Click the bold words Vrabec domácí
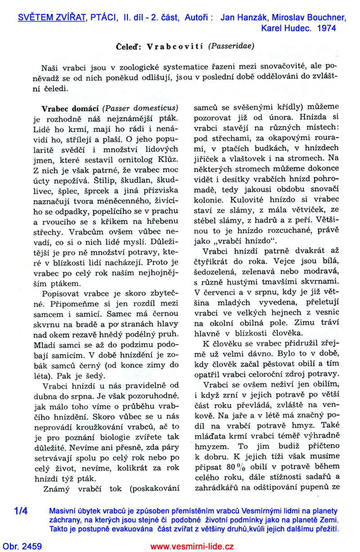[70, 108]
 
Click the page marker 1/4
[21, 511]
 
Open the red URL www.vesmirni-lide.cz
[192, 547]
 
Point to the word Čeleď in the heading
[129, 46]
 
